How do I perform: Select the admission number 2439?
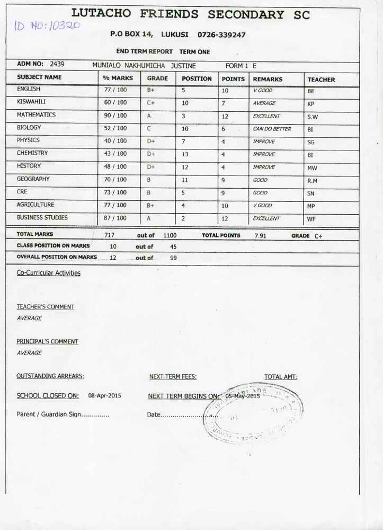tap(57, 64)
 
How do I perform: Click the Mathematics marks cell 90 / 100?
tap(115, 116)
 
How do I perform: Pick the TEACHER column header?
tap(321, 79)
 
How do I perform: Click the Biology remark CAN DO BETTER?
tap(272, 129)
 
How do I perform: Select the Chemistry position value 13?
tap(185, 154)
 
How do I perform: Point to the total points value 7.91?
tap(260, 236)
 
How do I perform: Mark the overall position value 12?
tap(113, 258)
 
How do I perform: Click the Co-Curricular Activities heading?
tap(49, 273)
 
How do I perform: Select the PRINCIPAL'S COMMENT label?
tap(47, 342)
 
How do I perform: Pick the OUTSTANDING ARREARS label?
tap(50, 376)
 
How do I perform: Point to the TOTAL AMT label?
tap(281, 377)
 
